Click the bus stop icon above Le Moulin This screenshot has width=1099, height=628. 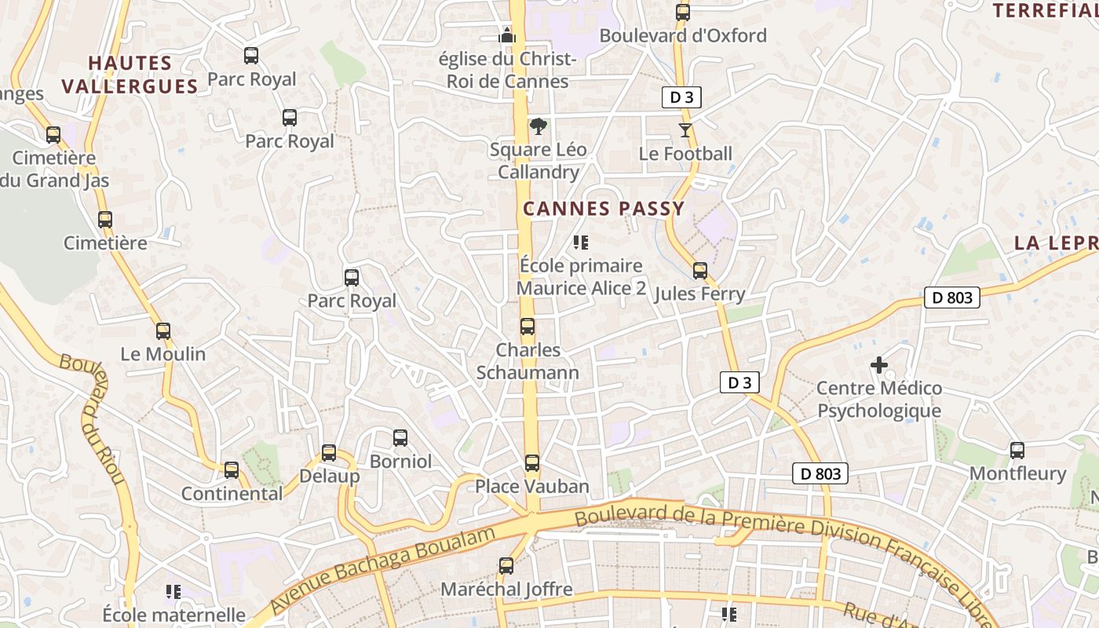pyautogui.click(x=163, y=331)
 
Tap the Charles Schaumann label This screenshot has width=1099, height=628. pyautogui.click(x=528, y=361)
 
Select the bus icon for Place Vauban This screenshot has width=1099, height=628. pyautogui.click(x=532, y=463)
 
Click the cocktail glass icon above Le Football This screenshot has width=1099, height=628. pyautogui.click(x=685, y=130)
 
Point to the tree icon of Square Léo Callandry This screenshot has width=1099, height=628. pyautogui.click(x=539, y=126)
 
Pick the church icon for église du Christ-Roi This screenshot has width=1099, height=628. pyautogui.click(x=507, y=35)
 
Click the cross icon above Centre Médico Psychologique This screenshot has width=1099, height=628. pyautogui.click(x=879, y=365)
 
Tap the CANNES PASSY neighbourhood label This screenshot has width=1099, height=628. pyautogui.click(x=604, y=209)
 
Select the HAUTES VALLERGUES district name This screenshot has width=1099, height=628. pyautogui.click(x=130, y=75)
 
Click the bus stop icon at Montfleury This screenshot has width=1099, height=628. pyautogui.click(x=1017, y=451)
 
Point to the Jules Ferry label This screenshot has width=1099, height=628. pyautogui.click(x=699, y=294)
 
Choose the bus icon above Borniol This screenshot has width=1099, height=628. pyautogui.click(x=400, y=438)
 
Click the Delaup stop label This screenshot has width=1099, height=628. pyautogui.click(x=330, y=476)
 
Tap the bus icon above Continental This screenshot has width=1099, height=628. pyautogui.click(x=232, y=470)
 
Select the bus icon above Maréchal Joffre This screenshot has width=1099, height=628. pyautogui.click(x=506, y=565)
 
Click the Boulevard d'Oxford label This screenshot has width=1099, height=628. pyautogui.click(x=683, y=35)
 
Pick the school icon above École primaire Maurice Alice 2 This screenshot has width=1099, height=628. pyautogui.click(x=581, y=243)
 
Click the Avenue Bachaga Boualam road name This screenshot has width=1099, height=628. pyautogui.click(x=382, y=569)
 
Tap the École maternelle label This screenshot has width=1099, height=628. pyautogui.click(x=173, y=614)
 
